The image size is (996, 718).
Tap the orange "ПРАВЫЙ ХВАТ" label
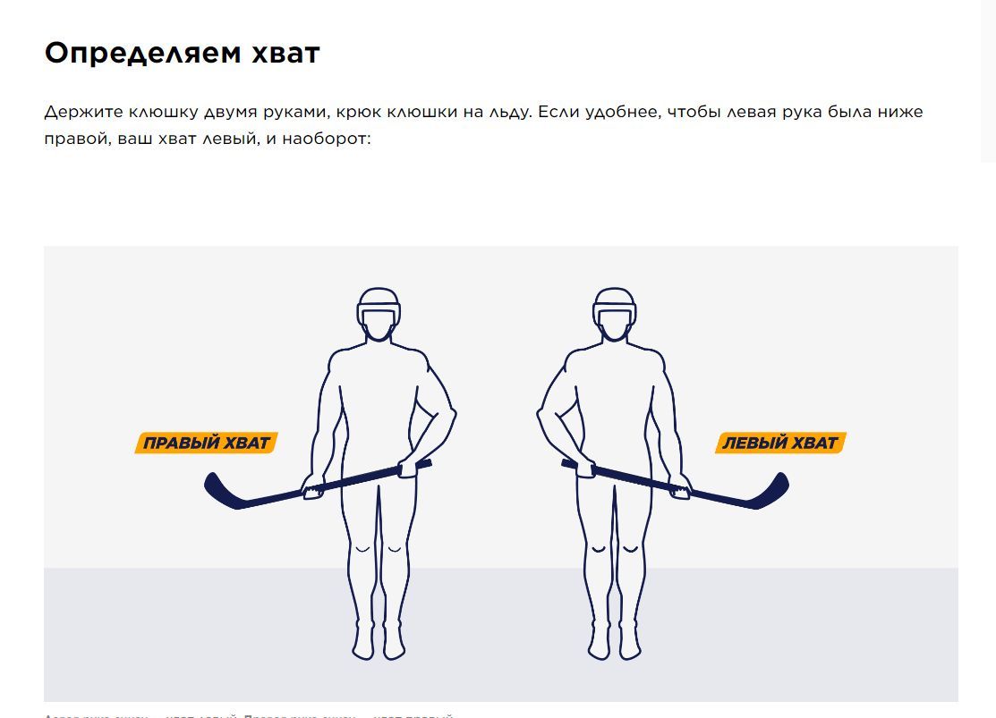click(x=207, y=443)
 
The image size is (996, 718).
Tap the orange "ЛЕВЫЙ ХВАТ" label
click(x=780, y=443)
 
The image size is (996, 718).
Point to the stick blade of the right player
click(x=770, y=494)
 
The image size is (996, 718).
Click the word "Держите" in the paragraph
click(x=83, y=113)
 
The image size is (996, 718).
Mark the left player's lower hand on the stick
click(x=312, y=488)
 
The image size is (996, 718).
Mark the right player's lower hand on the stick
click(x=681, y=488)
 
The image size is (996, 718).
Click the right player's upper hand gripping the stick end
click(x=583, y=467)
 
